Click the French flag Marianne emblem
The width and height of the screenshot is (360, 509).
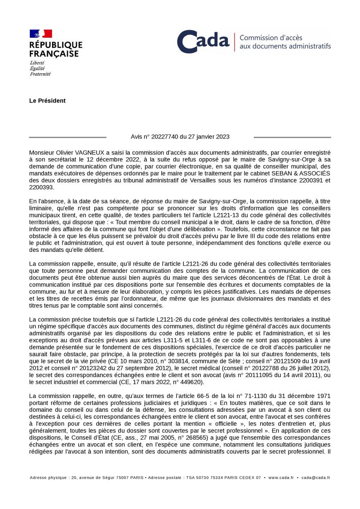point(40,34)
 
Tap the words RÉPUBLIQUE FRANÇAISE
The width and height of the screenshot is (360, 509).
point(56,49)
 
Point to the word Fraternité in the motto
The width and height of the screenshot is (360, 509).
point(40,74)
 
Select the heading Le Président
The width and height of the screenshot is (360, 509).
point(47,101)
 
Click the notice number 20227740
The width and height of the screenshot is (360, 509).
point(167,137)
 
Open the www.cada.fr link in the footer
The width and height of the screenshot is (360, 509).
point(281,477)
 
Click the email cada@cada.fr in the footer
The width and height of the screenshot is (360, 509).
point(316,477)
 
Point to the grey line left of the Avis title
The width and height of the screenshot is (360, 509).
point(68,137)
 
